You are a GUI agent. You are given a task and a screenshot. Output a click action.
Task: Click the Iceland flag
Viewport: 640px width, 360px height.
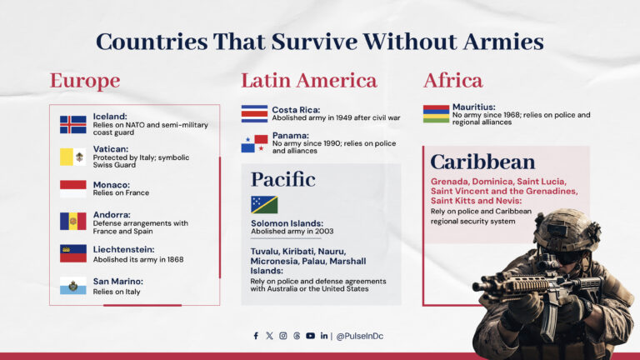pos(72,124)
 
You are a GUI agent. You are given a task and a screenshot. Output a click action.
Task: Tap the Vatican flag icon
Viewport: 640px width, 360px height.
pos(72,157)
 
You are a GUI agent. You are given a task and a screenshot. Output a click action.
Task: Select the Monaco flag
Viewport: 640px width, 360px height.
pos(72,188)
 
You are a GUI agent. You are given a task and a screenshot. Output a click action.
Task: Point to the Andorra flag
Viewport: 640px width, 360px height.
pos(72,221)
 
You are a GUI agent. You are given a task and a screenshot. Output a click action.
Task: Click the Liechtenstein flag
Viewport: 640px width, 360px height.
pos(72,253)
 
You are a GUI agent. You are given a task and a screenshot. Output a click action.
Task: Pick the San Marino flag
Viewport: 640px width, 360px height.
pos(72,286)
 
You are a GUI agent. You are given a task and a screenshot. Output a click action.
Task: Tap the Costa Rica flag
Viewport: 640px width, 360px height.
pos(254,113)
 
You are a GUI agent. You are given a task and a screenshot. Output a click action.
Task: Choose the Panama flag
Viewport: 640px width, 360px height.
pos(254,143)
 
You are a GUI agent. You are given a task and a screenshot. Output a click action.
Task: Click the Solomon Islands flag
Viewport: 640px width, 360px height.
pos(264,204)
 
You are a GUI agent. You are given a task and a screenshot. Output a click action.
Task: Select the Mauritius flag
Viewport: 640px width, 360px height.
pos(436,113)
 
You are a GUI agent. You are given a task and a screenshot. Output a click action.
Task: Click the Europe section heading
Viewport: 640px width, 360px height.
pos(84,81)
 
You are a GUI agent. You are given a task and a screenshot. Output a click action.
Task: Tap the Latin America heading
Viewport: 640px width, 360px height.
pos(308,81)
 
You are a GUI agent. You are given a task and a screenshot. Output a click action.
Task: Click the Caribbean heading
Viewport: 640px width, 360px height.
pos(482,162)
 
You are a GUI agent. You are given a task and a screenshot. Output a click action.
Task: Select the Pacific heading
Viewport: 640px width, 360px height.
pos(283,179)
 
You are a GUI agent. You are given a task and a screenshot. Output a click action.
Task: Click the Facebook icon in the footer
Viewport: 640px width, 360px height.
pos(256,336)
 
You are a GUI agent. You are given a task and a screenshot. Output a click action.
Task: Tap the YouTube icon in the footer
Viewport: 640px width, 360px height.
pos(310,336)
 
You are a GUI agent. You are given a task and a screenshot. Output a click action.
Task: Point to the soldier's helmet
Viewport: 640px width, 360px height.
pos(567,229)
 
